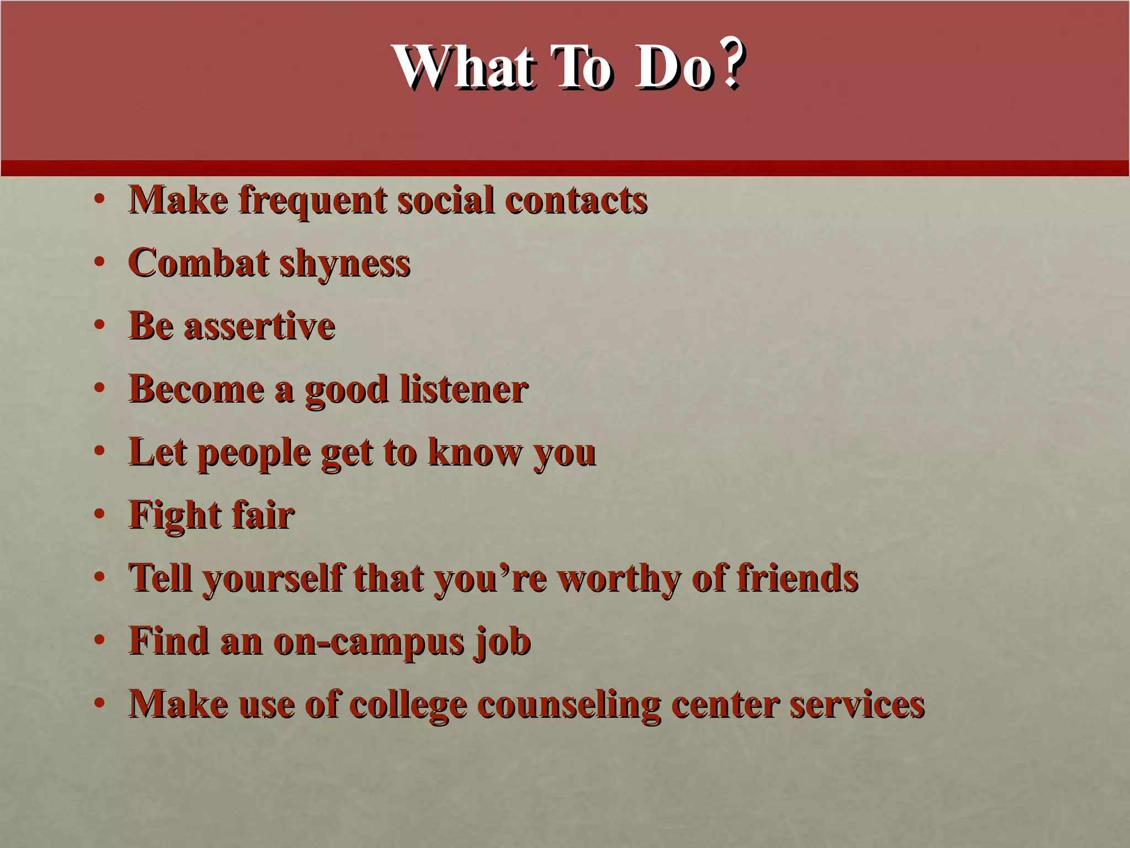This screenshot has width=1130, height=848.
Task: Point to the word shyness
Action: pos(345,264)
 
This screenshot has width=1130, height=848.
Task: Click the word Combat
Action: pos(199,263)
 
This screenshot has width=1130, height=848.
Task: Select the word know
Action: pos(475,453)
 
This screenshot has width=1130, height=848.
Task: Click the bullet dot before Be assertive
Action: pos(99,325)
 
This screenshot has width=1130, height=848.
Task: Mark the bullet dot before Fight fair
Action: pos(99,515)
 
